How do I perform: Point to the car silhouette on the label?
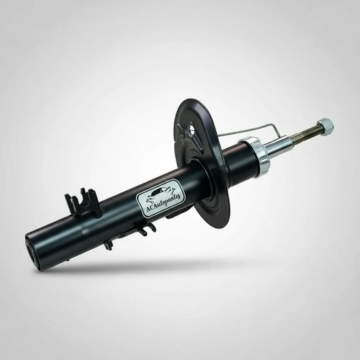pos(161,192)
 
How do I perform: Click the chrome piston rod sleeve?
pos(279,147)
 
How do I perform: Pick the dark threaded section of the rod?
pos(305,135)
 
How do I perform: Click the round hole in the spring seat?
pos(192,127)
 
